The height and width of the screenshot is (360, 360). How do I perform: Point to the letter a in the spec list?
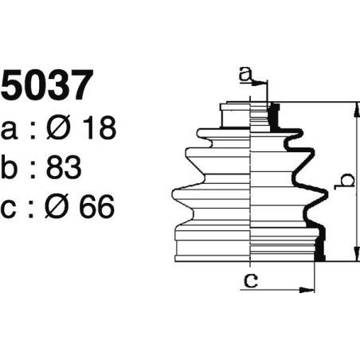[x=11, y=130]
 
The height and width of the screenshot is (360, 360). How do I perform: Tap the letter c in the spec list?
[x=10, y=209]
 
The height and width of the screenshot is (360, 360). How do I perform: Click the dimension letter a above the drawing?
[x=247, y=76]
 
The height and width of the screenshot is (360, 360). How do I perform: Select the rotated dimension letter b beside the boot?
[x=343, y=182]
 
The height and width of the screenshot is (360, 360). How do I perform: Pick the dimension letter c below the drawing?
[x=250, y=280]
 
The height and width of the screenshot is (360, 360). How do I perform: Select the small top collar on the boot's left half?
[x=236, y=104]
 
